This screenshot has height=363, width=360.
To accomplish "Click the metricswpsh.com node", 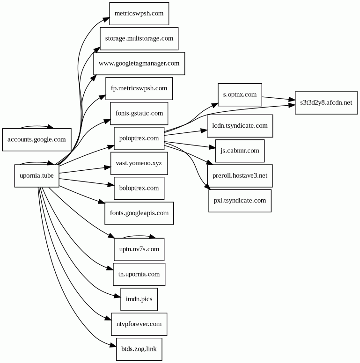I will (139, 14).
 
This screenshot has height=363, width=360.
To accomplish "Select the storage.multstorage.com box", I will (139, 38).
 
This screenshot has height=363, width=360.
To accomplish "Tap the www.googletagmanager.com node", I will (139, 63).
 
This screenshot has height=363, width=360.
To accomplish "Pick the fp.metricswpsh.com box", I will (139, 88).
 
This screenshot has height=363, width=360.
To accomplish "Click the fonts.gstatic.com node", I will (139, 113).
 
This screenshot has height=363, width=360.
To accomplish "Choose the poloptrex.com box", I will (139, 138).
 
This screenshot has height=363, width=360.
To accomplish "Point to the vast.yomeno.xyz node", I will (139, 163).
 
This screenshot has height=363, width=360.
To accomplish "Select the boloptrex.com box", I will (139, 188).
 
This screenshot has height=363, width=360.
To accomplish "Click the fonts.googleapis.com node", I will (139, 213).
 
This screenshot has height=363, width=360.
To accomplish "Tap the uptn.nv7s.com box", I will (139, 249).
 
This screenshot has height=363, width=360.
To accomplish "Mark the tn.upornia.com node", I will (139, 274).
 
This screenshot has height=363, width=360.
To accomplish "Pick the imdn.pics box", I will (139, 299).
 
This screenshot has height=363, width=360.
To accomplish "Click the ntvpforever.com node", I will (139, 324).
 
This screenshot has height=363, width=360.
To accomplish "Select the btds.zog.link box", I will (139, 349).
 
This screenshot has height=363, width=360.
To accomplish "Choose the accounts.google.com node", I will (37, 139).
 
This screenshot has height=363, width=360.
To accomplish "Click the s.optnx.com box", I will (240, 94).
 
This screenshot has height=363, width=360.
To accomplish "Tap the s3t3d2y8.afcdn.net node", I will (326, 102).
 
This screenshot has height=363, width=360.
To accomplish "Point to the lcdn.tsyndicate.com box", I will (240, 126).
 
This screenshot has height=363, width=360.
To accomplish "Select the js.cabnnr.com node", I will (240, 151).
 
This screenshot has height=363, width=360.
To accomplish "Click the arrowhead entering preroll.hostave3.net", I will (210, 163).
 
